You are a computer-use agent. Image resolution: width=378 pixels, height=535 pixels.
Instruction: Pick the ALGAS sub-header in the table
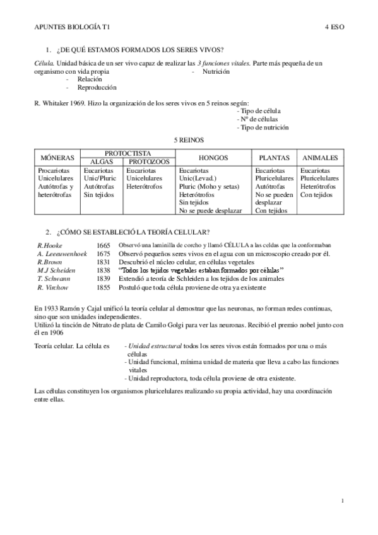(x=102, y=162)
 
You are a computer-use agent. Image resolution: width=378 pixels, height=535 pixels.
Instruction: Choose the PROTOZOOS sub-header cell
(x=149, y=162)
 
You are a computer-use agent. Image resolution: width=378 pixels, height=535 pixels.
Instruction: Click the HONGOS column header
(x=213, y=157)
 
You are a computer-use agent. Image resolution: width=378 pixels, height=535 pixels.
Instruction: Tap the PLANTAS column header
(x=274, y=157)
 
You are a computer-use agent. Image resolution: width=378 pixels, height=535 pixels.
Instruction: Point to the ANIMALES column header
(x=320, y=157)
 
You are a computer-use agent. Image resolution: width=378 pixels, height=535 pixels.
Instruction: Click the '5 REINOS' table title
(x=189, y=139)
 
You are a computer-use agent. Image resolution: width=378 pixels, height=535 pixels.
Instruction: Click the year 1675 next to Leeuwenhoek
(x=103, y=253)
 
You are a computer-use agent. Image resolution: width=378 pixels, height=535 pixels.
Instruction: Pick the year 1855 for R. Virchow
(x=103, y=287)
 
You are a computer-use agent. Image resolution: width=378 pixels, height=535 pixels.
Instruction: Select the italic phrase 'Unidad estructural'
(x=152, y=347)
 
